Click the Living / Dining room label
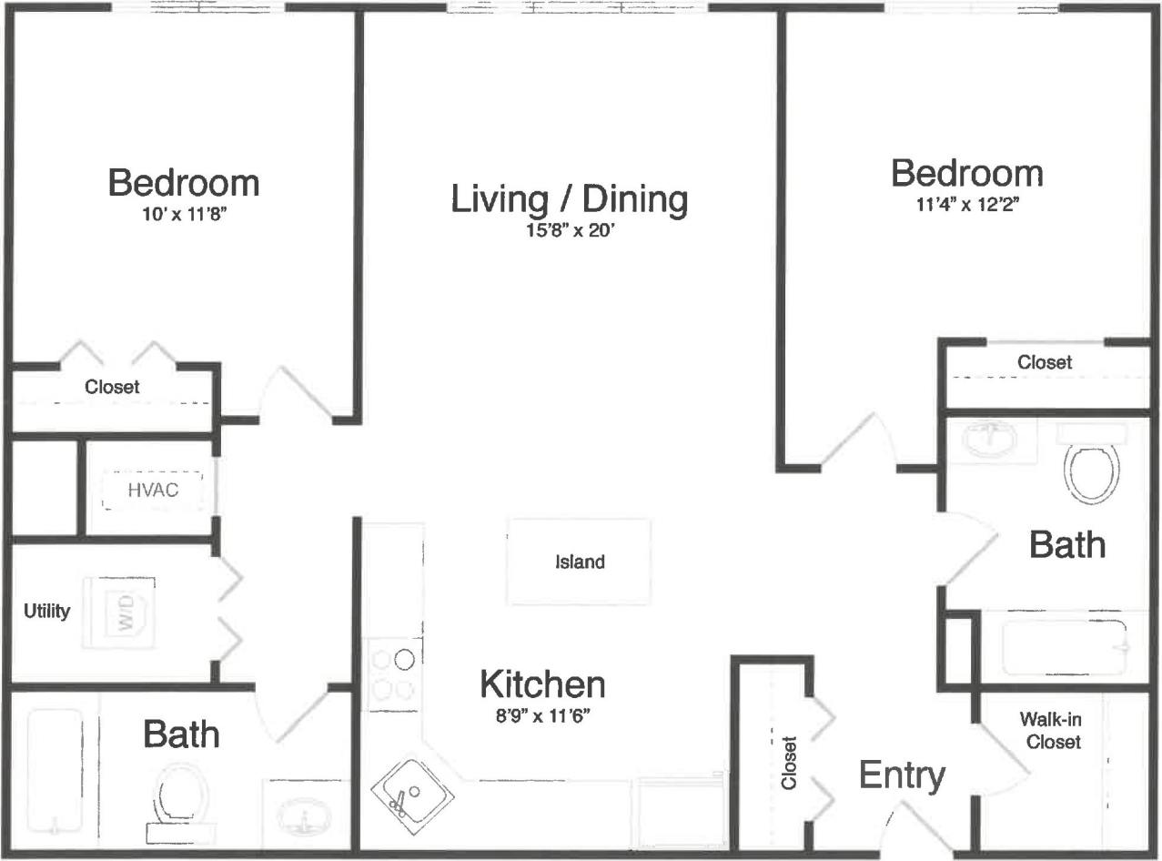tap(569, 199)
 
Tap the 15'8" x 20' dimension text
tap(569, 229)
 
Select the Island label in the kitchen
tap(580, 562)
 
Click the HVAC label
tap(152, 491)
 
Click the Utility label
tap(46, 611)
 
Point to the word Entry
tap(902, 776)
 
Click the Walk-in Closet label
tap(1053, 730)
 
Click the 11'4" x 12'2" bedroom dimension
tap(966, 204)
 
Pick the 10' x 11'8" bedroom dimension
tap(183, 215)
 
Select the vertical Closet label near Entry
tap(788, 762)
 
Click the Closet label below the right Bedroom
tap(1045, 362)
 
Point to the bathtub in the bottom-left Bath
tap(55, 772)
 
